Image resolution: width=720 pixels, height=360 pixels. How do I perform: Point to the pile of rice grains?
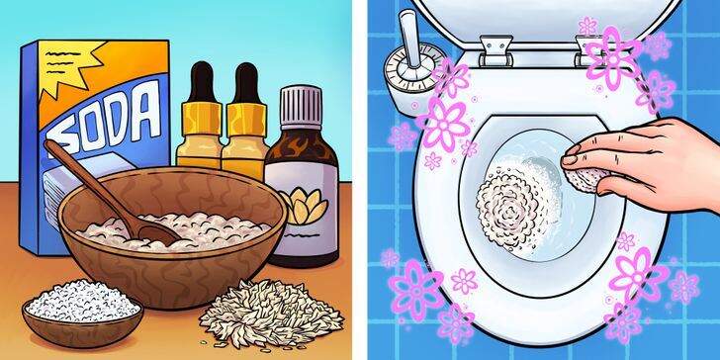pyautogui.click(x=271, y=313)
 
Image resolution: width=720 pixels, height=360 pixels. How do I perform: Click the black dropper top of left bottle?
pyautogui.click(x=201, y=83)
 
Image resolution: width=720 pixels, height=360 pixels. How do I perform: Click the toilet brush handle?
pyautogui.click(x=407, y=37)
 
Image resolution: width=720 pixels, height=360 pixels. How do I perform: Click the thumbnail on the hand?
pyautogui.click(x=571, y=159)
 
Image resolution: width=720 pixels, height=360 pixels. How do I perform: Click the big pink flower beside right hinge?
pyautogui.click(x=613, y=58)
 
